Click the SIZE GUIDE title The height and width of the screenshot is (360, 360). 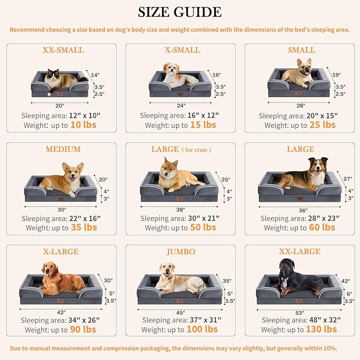pyautogui.click(x=180, y=12)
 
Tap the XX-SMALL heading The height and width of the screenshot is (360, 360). pyautogui.click(x=63, y=50)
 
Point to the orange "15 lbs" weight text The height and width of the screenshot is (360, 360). pyautogui.click(x=203, y=125)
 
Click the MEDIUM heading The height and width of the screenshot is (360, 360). pyautogui.click(x=63, y=150)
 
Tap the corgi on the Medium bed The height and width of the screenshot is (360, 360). pyautogui.click(x=63, y=178)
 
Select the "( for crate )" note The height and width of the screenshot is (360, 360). pyautogui.click(x=197, y=150)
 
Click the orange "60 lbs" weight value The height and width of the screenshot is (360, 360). pyautogui.click(x=322, y=227)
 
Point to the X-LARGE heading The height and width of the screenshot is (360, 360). pyautogui.click(x=60, y=252)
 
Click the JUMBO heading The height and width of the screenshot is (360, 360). pyautogui.click(x=180, y=252)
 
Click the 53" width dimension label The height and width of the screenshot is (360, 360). pyautogui.click(x=299, y=312)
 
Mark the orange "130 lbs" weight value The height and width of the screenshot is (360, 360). pyautogui.click(x=321, y=329)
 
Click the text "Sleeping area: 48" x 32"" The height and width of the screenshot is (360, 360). pyautogui.click(x=301, y=320)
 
